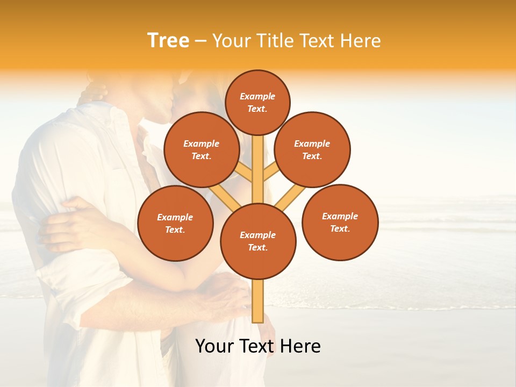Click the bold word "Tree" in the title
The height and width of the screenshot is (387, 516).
point(168,40)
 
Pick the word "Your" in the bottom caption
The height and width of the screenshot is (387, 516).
point(214,346)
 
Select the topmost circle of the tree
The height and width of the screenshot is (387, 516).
point(257,102)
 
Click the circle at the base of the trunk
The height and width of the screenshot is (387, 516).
point(258,241)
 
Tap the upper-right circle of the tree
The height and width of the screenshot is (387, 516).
point(312,149)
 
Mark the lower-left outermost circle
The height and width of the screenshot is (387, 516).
point(175,223)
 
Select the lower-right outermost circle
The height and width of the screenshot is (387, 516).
point(340,222)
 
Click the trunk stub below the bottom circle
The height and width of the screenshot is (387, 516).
point(258,301)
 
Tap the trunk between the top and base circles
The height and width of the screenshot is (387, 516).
point(258,177)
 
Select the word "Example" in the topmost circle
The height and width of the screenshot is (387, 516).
point(257,96)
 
